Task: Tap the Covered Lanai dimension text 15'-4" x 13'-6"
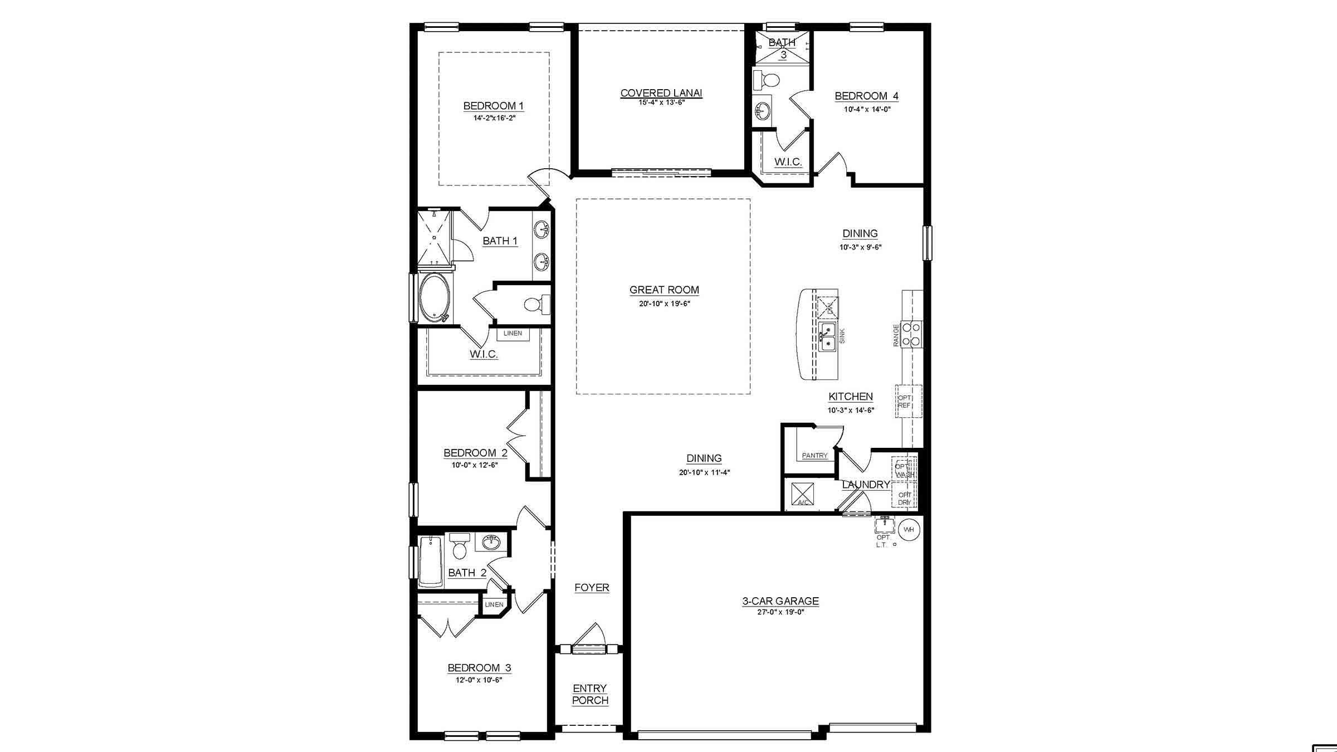pyautogui.click(x=661, y=102)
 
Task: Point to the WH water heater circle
pyautogui.click(x=909, y=530)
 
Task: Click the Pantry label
pyautogui.click(x=814, y=456)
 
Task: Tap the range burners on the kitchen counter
pyautogui.click(x=911, y=334)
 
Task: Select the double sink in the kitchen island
pyautogui.click(x=827, y=336)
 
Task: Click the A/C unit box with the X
pyautogui.click(x=803, y=494)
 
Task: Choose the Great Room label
pyautogui.click(x=664, y=290)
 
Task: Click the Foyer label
pyautogui.click(x=592, y=588)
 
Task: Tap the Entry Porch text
pyautogui.click(x=590, y=694)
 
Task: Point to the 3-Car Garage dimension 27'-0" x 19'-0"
pyautogui.click(x=780, y=612)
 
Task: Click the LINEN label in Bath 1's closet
pyautogui.click(x=513, y=334)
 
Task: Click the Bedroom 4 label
pyautogui.click(x=866, y=96)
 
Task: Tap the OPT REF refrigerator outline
pyautogui.click(x=907, y=401)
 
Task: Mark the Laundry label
pyautogui.click(x=865, y=485)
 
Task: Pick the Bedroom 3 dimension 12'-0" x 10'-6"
pyautogui.click(x=479, y=680)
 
